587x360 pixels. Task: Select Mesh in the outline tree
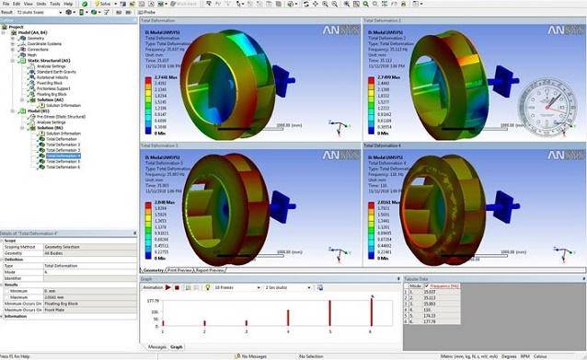[31, 54]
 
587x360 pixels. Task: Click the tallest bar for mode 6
[372, 313]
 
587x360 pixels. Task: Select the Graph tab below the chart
[177, 347]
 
